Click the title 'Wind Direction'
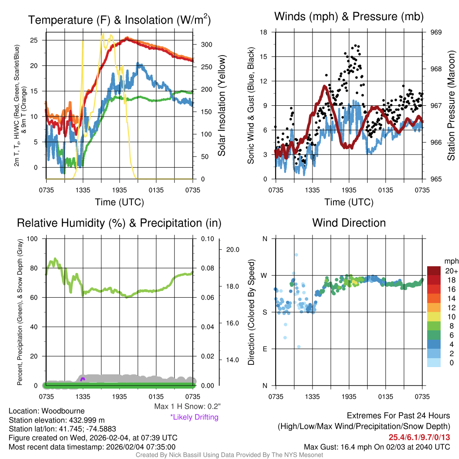349,223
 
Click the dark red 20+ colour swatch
434,271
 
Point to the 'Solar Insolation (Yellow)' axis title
221,105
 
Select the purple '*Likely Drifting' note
194,417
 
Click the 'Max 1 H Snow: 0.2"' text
187,406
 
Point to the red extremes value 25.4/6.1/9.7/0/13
419,437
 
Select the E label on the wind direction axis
264,349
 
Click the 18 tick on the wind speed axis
264,32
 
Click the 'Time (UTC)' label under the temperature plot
119,202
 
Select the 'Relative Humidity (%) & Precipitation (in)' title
119,223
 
